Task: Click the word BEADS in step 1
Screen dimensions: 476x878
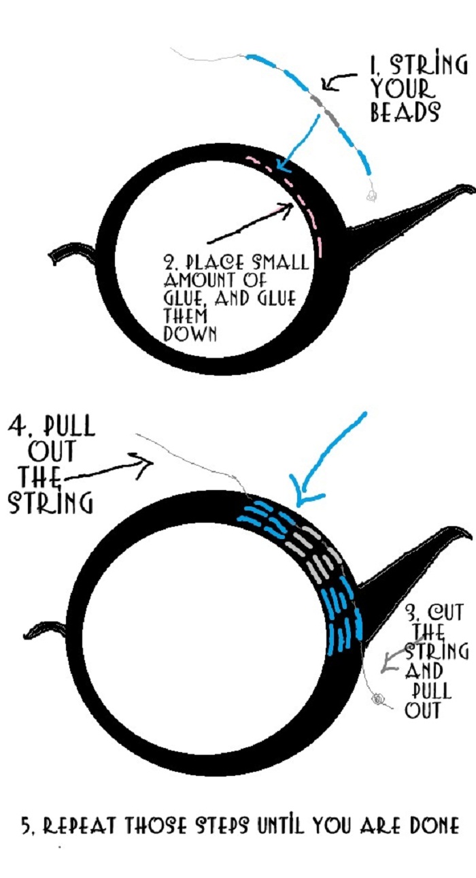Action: pyautogui.click(x=405, y=112)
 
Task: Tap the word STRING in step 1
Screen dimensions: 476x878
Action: pyautogui.click(x=428, y=66)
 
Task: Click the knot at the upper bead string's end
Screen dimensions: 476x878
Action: pyautogui.click(x=371, y=196)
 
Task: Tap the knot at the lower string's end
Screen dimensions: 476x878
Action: pyautogui.click(x=378, y=698)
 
